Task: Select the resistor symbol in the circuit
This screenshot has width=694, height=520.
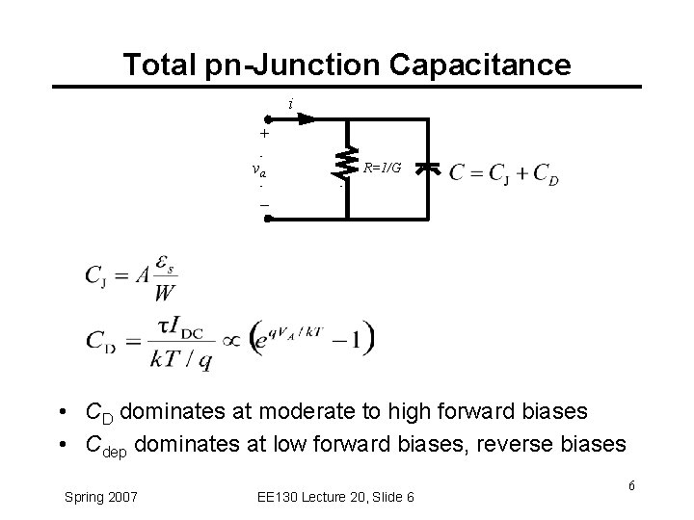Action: (x=340, y=167)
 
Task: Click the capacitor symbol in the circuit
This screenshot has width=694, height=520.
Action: (x=430, y=169)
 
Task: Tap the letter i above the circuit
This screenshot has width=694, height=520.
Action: (x=290, y=103)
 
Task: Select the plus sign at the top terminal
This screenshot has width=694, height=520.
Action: (x=263, y=135)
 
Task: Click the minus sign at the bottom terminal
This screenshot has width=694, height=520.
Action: (x=262, y=205)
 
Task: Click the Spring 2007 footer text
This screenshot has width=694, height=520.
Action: (x=101, y=496)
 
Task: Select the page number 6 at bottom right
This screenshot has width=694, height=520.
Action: (x=630, y=484)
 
